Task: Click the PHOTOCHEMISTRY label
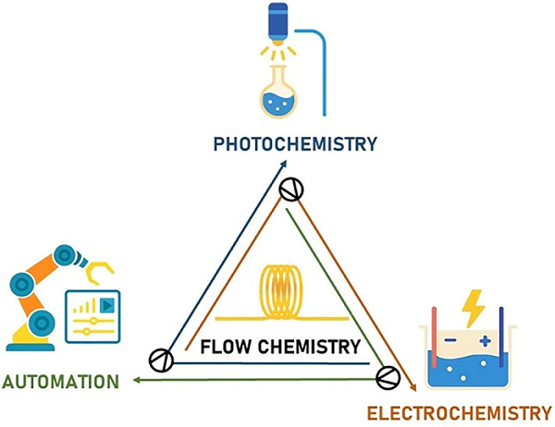tap(295, 144)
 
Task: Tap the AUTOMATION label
tap(60, 381)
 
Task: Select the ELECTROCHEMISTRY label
tap(460, 412)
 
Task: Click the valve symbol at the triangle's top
tap(292, 189)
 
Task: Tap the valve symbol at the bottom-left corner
tap(160, 360)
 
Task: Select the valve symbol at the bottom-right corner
tap(388, 377)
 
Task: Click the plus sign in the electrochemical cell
tap(485, 341)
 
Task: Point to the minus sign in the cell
tap(449, 340)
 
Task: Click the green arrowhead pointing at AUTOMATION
tap(136, 380)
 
